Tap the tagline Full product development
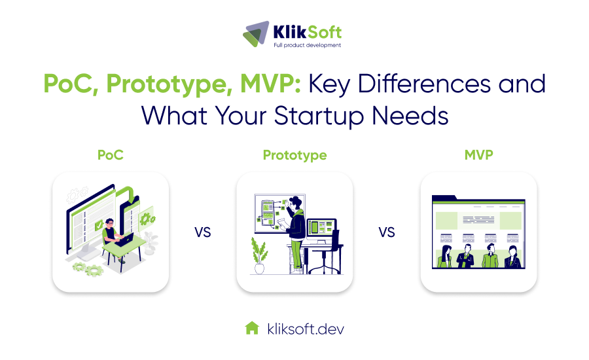click(307, 45)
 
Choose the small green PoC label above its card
click(111, 155)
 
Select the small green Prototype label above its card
click(294, 155)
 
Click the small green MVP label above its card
click(478, 155)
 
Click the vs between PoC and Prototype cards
click(203, 232)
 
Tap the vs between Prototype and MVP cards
click(387, 232)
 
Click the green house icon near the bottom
click(252, 328)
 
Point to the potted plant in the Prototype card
click(259, 255)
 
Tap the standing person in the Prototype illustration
click(296, 229)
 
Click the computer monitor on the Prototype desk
click(321, 228)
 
